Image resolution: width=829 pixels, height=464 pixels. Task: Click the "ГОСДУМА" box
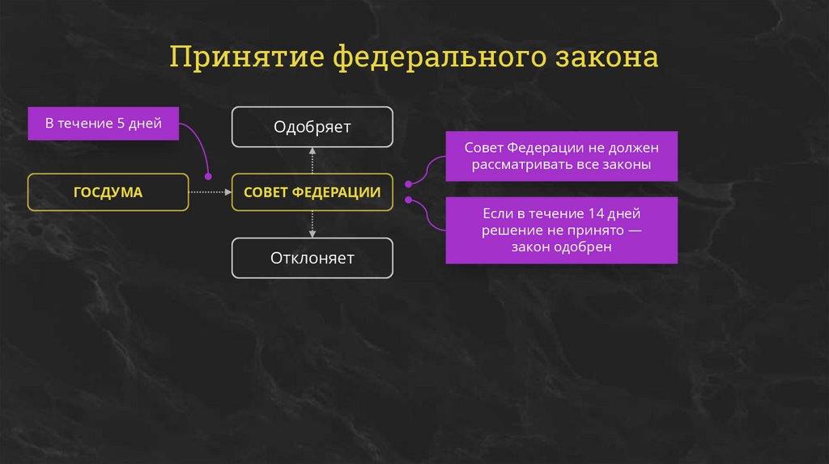tap(108, 192)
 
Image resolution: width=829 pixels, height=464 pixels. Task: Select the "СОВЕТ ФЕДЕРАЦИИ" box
tap(312, 192)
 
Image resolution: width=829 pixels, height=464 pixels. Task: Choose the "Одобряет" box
tap(312, 127)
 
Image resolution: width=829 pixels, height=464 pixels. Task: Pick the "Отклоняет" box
tap(312, 259)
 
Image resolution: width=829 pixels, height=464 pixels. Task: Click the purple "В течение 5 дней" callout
tap(103, 124)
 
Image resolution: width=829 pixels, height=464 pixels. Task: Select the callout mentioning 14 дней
tap(561, 230)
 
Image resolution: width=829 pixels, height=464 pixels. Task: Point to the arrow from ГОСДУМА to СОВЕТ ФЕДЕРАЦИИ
tap(210, 192)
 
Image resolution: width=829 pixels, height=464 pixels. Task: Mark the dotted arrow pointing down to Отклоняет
tap(312, 225)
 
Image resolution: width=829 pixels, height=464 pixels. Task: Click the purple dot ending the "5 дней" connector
tap(208, 175)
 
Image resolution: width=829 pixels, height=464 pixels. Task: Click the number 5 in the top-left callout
tap(121, 124)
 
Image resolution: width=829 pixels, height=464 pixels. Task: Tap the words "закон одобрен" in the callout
tap(561, 247)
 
